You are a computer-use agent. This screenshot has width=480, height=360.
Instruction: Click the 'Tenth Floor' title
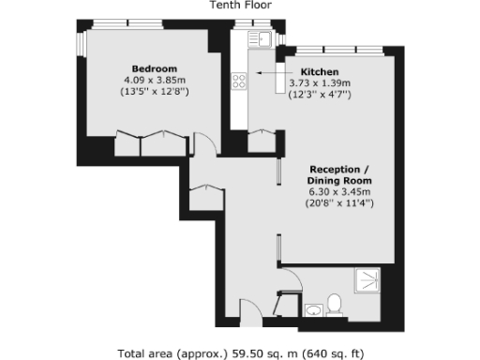click(x=239, y=6)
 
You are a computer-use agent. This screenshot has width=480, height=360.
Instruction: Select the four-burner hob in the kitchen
click(x=238, y=80)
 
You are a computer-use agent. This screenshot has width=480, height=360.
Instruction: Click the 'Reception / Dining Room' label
click(x=340, y=174)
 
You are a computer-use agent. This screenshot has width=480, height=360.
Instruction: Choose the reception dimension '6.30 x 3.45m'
click(x=340, y=192)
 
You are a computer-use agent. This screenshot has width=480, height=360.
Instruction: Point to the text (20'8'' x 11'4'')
click(x=340, y=203)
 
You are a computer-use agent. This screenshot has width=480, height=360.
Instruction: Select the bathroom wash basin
click(x=313, y=307)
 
